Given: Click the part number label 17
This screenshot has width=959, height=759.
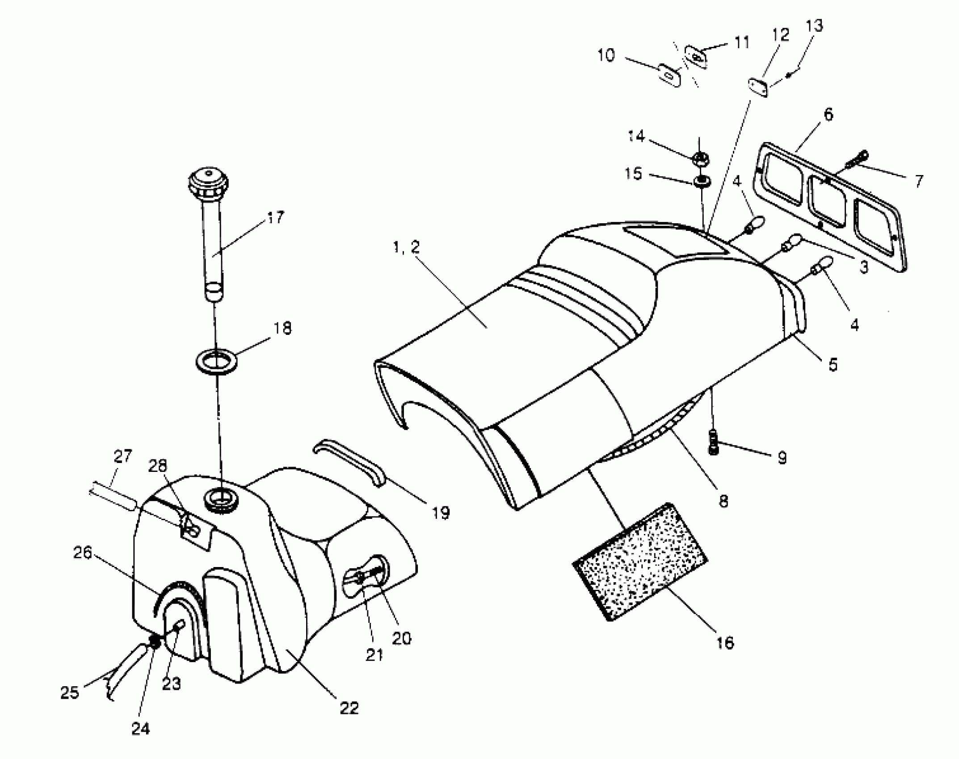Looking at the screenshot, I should pos(275,218).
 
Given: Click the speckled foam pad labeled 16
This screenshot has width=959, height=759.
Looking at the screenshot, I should pos(640,561).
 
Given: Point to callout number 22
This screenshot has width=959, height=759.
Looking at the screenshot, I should pos(349,708).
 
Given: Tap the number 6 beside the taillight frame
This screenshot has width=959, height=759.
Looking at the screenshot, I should pos(828,115).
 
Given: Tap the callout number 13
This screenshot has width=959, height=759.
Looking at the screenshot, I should pos(814,26).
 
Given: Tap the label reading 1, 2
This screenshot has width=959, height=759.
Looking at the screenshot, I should pos(406,247).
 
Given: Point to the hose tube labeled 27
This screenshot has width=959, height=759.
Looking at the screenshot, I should pos(112,495).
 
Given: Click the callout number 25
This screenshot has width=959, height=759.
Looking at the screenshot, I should pos(69,693).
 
